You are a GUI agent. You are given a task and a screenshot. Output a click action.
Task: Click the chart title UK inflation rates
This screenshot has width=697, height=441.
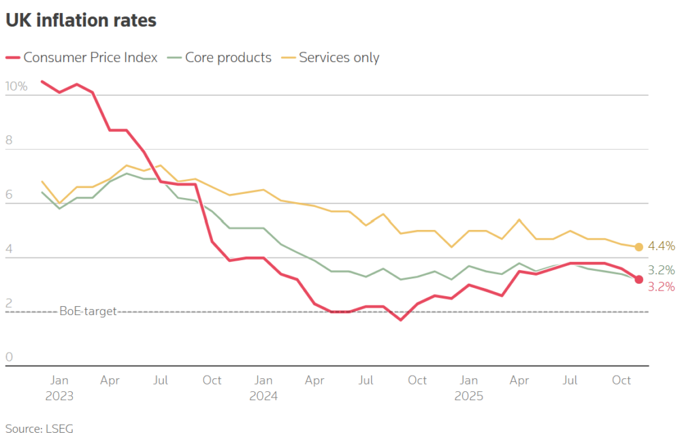coord(81,21)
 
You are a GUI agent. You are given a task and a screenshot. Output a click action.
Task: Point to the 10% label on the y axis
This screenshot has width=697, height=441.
coord(16,87)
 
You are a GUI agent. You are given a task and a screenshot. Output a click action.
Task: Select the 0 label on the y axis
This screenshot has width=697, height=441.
coord(10,357)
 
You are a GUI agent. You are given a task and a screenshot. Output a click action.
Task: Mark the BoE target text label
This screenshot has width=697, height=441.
coord(88,312)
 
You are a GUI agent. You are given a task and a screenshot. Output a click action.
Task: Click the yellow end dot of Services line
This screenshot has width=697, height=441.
coord(638,247)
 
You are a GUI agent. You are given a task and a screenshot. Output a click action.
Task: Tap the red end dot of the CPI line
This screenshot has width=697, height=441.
coord(638,279)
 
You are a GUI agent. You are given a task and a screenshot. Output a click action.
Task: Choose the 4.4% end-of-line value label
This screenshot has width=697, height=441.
coord(662,246)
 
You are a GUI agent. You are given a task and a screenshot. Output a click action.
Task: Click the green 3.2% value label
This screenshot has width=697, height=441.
coord(662,269)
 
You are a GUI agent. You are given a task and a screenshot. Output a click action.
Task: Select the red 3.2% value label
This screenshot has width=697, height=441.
coord(662,287)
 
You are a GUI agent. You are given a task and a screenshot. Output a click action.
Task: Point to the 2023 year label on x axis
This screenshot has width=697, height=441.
coord(59,395)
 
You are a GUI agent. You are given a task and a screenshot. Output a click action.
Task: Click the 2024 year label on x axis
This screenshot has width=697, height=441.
coord(263,395)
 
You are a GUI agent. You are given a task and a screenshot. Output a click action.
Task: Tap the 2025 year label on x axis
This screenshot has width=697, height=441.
coord(468,395)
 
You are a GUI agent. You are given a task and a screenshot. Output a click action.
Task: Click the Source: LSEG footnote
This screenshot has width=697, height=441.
coord(39,429)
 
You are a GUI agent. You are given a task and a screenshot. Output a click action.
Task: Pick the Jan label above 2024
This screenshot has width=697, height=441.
coord(263,380)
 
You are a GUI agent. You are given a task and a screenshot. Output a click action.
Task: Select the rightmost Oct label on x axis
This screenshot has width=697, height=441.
coord(621,380)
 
